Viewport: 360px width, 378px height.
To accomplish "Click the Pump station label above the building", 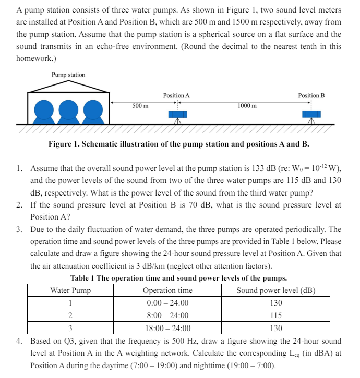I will (68, 75).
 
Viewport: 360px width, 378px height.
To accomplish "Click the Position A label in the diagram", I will (176, 96).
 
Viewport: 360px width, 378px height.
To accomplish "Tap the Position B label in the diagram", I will (311, 96).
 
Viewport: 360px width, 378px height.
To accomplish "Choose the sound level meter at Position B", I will (312, 115).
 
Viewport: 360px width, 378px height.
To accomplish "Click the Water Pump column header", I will (70, 290).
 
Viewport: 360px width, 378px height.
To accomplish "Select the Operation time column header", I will (167, 290).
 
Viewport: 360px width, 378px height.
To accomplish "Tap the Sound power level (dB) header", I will (276, 290).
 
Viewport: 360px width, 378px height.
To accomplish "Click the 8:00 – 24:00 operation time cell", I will (167, 315).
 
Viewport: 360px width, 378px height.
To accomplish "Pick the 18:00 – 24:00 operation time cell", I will (167, 328).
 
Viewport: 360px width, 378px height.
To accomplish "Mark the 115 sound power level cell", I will (276, 315).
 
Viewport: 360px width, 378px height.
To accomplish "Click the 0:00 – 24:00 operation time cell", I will (167, 303).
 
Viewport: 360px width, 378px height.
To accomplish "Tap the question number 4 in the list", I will (19, 342).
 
